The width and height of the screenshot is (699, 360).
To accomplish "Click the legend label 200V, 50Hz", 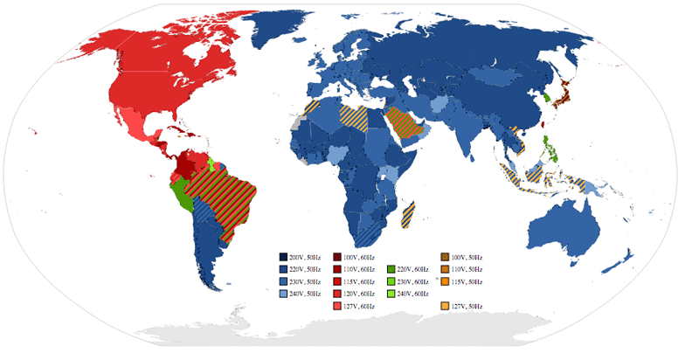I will pos(305,257).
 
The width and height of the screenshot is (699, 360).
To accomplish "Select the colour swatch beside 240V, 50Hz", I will pos(283,294).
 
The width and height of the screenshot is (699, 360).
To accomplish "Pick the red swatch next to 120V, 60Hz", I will pos(336,294).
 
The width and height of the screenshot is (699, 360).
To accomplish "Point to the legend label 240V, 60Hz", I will pos(413,294).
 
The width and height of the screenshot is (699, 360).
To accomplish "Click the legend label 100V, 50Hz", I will pos(466,257).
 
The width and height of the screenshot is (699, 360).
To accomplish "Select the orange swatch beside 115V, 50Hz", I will pos(444,281).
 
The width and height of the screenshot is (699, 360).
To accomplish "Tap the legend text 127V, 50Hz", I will pos(466,306).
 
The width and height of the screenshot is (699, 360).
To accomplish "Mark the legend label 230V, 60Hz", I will pos(413,281).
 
